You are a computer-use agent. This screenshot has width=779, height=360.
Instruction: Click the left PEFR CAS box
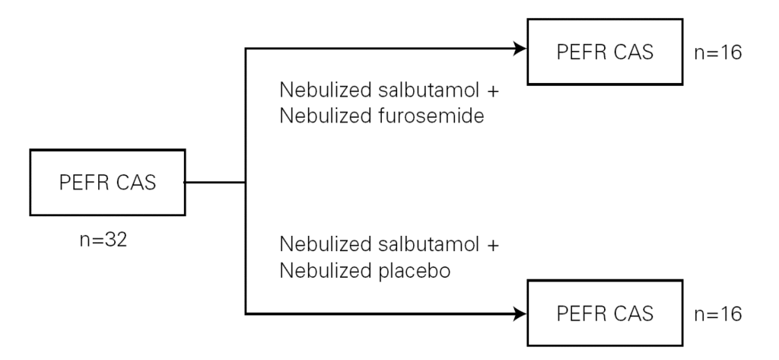tap(107, 183)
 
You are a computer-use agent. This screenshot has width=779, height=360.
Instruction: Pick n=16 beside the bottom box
tap(718, 314)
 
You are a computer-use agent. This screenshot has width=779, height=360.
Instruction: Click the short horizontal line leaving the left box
tap(215, 182)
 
